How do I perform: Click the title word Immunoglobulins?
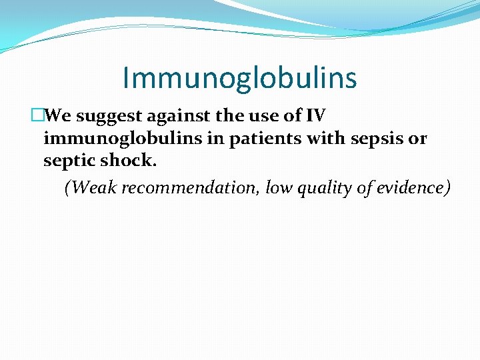pyautogui.click(x=239, y=78)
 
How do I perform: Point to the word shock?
pyautogui.click(x=129, y=161)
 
